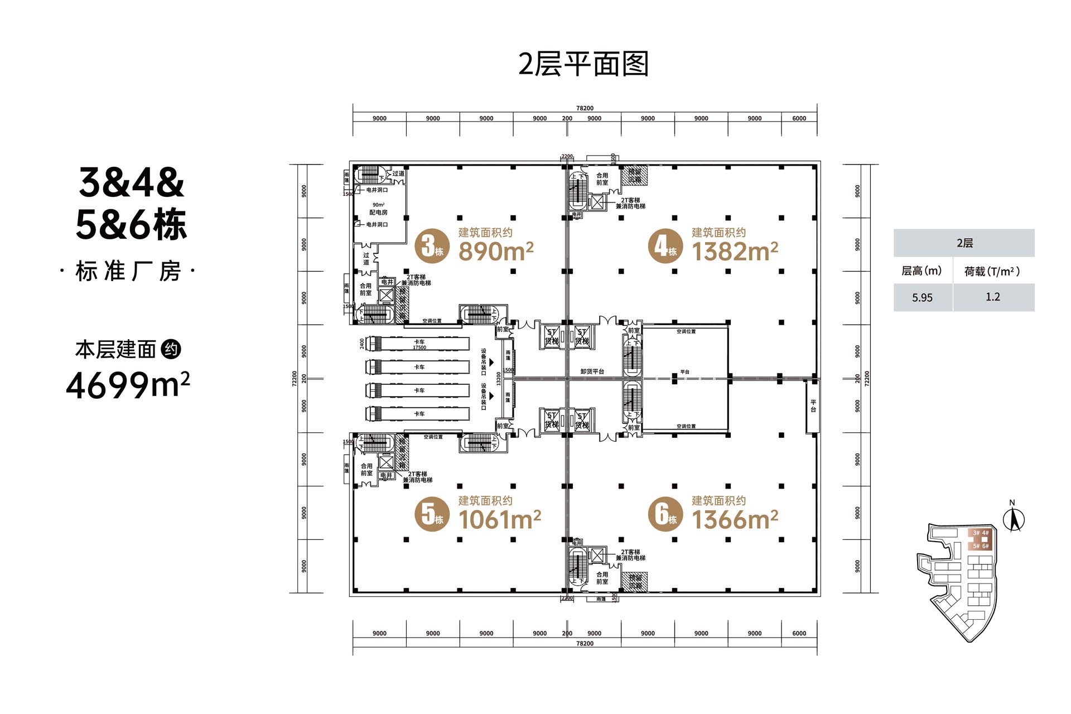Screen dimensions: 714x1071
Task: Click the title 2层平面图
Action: [583, 64]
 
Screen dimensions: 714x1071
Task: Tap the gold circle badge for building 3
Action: [432, 246]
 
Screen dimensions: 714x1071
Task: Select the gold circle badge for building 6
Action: [665, 514]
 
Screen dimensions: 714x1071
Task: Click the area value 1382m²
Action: [735, 252]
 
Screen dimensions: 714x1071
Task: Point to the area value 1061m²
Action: [499, 520]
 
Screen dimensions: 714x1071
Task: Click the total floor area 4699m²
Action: [128, 385]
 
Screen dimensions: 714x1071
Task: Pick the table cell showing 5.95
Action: [922, 298]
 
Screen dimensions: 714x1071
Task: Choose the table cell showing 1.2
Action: [993, 297]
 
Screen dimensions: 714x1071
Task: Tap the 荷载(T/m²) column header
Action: [992, 272]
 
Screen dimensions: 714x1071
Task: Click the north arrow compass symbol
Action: [1014, 519]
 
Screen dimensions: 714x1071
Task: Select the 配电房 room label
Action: [378, 213]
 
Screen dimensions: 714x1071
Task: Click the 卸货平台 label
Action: [592, 372]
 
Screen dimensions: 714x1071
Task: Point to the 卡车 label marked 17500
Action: [419, 344]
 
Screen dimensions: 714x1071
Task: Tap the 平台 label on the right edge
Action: [813, 406]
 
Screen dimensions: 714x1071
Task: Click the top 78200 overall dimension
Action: [585, 108]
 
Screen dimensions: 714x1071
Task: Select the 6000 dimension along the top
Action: [799, 118]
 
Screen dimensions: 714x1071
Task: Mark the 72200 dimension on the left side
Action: [295, 378]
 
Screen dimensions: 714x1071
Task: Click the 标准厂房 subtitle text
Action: [128, 272]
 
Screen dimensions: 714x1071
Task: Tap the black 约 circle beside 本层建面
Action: [171, 350]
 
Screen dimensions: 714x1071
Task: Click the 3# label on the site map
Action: [976, 533]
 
